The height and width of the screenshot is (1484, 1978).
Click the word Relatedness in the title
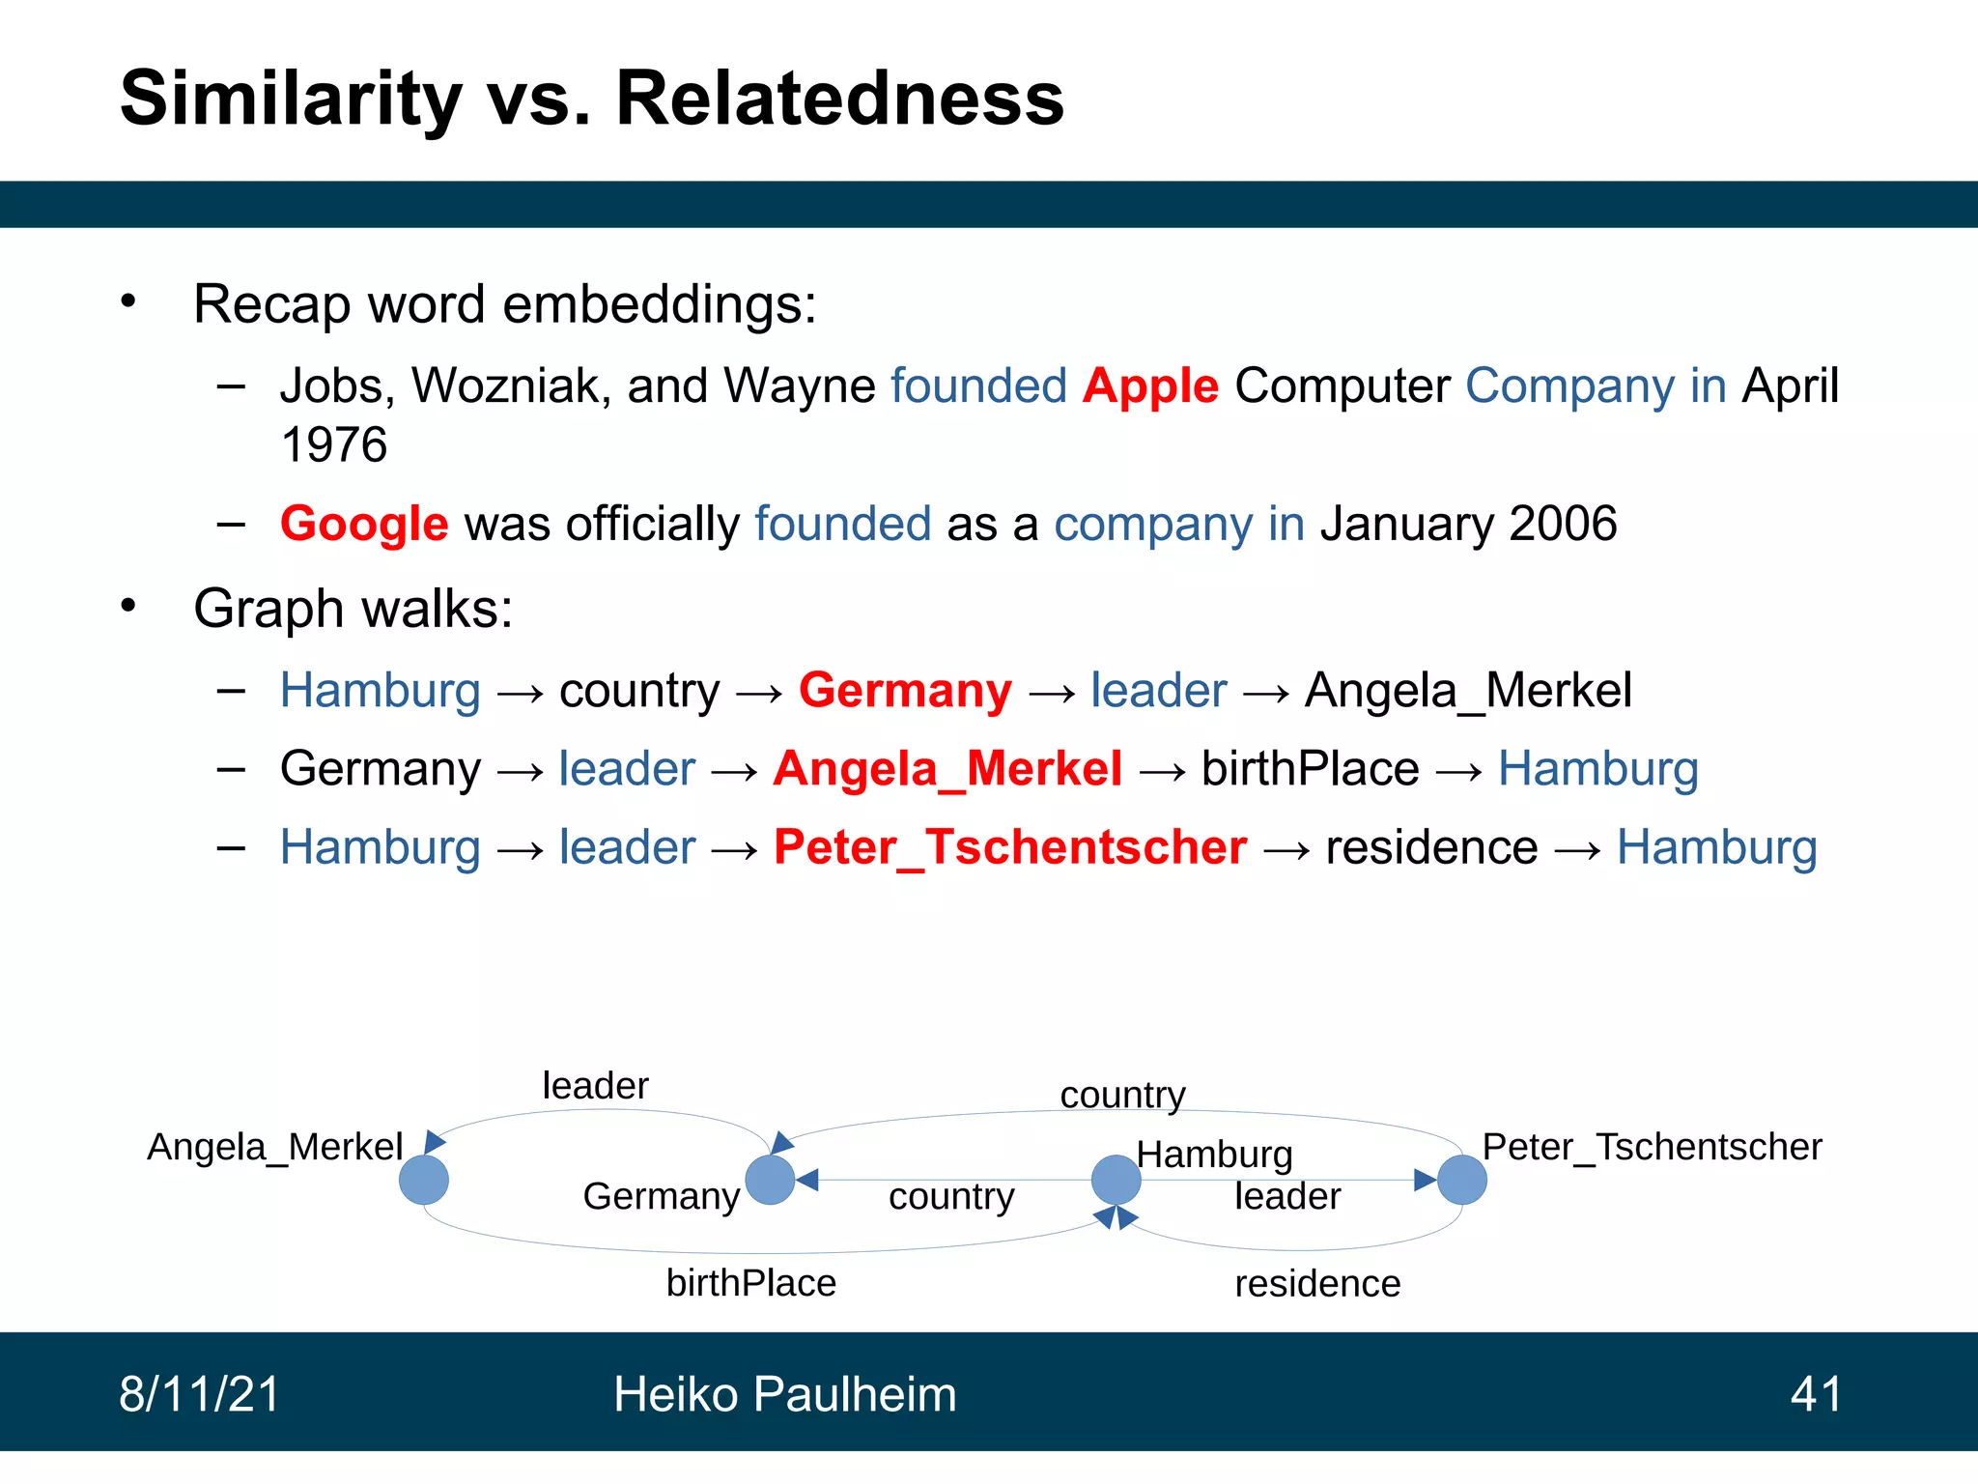click(x=839, y=99)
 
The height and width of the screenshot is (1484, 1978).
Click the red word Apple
click(x=1150, y=386)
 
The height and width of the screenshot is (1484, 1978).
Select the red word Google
click(x=364, y=525)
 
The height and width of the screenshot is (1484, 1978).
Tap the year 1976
click(x=333, y=445)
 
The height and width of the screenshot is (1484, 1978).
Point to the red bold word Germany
click(x=905, y=691)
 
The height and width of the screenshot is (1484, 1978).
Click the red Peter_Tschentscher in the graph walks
click(x=1010, y=847)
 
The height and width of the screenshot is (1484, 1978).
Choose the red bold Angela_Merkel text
click(x=947, y=769)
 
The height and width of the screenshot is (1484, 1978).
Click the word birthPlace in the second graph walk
click(x=1310, y=769)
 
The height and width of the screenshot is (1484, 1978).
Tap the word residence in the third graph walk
click(x=1431, y=847)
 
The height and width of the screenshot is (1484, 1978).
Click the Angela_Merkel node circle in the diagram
click(x=424, y=1180)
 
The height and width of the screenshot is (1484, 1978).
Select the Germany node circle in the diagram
click(x=770, y=1180)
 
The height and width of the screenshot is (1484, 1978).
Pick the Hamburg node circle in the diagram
click(x=1116, y=1180)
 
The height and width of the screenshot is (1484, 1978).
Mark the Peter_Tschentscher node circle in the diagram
click(x=1461, y=1180)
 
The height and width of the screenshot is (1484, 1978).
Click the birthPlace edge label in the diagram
click(x=751, y=1283)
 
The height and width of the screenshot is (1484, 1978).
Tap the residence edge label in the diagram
click(x=1317, y=1284)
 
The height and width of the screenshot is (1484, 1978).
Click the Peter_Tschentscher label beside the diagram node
click(x=1652, y=1147)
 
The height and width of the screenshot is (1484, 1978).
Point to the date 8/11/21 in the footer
click(x=199, y=1394)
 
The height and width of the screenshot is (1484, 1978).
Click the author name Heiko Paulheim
click(x=784, y=1394)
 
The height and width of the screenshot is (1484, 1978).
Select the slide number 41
click(x=1816, y=1394)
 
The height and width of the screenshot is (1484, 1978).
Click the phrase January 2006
click(x=1468, y=525)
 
